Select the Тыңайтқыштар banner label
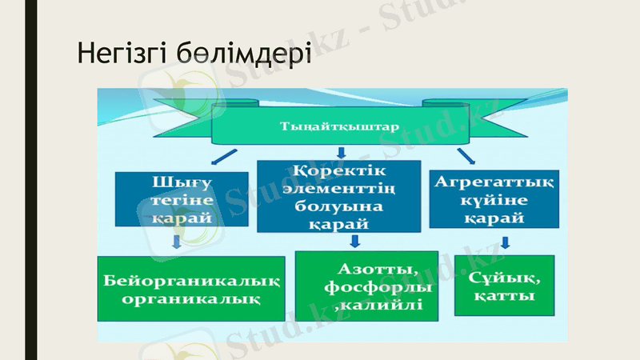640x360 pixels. [340, 126]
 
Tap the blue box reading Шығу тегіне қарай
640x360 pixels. [169, 198]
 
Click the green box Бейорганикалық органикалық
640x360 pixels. [191, 289]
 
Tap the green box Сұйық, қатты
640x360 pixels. [504, 286]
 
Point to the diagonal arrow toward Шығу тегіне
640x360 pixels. [224, 155]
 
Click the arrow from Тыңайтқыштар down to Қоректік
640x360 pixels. [340, 151]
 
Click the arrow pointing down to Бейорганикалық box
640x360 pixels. [178, 242]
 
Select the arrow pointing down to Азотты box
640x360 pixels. [354, 240]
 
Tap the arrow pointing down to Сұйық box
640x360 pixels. [505, 242]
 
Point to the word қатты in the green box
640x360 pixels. [504, 297]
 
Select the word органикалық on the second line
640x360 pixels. [191, 299]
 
